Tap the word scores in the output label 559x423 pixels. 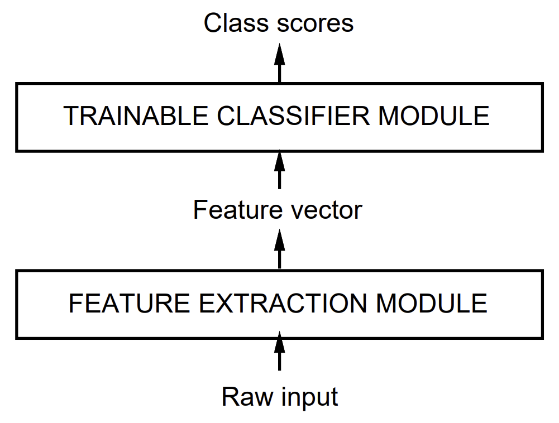pos(315,24)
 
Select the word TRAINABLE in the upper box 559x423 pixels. pos(136,116)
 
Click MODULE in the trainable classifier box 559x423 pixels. pos(433,116)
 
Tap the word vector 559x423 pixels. pos(327,210)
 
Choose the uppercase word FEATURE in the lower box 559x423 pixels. pos(129,304)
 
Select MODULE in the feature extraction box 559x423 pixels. pos(431,304)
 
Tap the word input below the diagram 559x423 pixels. pos(309,398)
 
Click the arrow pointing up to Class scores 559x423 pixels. pos(279,63)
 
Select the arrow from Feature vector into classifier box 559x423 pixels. pos(279,171)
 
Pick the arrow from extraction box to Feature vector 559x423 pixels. pos(279,249)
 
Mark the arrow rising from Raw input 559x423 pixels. pos(279,351)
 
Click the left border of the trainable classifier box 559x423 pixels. pos(16,118)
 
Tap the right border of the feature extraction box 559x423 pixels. pos(542,305)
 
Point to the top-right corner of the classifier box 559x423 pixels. pos(543,83)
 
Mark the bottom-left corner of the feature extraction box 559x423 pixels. pos(16,339)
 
